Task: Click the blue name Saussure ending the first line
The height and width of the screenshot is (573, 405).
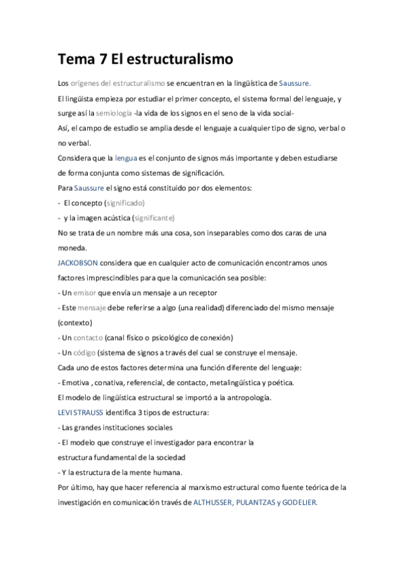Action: click(294, 83)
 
